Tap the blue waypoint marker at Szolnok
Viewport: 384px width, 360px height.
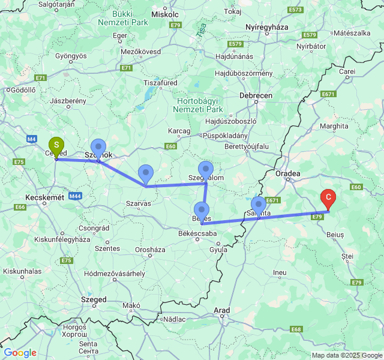[98, 148]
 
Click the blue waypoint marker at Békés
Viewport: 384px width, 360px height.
[201, 211]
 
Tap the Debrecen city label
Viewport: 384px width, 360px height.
[256, 95]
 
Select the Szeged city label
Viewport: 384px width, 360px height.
[94, 299]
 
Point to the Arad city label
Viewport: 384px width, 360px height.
[222, 310]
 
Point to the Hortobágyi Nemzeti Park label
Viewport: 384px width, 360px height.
[198, 105]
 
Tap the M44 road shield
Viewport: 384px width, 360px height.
[75, 196]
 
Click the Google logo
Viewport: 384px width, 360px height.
[19, 353]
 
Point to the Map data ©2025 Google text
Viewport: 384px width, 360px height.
[346, 355]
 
